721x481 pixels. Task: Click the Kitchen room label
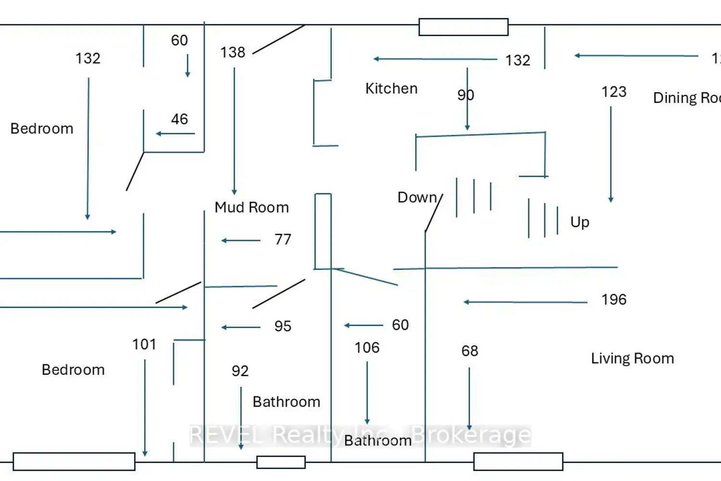[x=391, y=89]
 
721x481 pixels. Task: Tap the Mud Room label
[x=251, y=207]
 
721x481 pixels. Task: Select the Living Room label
[x=632, y=358]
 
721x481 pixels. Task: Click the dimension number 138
[x=233, y=52]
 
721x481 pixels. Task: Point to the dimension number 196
[x=614, y=300]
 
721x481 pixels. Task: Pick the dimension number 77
[x=283, y=239]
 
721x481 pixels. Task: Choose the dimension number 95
[x=283, y=326]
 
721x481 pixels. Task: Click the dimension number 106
[x=367, y=347]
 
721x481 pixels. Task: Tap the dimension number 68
[x=470, y=351]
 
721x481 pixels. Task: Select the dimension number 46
[x=179, y=119]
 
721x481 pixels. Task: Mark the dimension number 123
[x=614, y=91]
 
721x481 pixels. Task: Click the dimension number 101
[x=144, y=344]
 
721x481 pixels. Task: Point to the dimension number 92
[x=240, y=371]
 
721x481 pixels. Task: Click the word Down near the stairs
[x=417, y=197]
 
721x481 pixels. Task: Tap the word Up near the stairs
[x=580, y=222]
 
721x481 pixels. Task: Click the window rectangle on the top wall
[x=463, y=27]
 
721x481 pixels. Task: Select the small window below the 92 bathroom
[x=281, y=462]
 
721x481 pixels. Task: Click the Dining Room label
[x=686, y=98]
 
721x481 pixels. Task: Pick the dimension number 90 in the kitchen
[x=465, y=95]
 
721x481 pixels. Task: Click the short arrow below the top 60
[x=187, y=66]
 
